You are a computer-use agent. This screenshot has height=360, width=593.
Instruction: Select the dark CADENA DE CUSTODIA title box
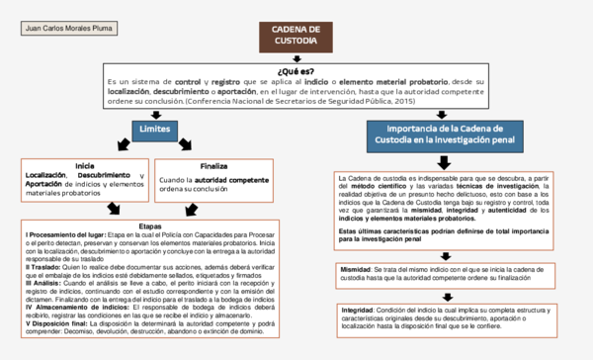click(296, 38)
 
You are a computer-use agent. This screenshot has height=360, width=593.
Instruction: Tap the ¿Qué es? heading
click(296, 71)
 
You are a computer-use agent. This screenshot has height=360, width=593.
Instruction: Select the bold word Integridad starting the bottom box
click(358, 309)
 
